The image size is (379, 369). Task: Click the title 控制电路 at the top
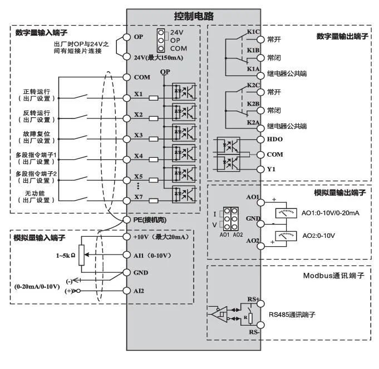[194, 16]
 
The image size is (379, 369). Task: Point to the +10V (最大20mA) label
[161, 237]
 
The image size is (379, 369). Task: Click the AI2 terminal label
[140, 291]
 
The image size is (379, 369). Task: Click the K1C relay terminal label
[253, 32]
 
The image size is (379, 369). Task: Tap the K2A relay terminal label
[253, 122]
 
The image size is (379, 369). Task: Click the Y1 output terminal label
[271, 168]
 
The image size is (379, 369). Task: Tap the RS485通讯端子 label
[293, 314]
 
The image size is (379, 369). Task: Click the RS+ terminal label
[254, 299]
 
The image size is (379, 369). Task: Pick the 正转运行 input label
[37, 91]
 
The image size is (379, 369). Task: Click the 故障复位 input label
[37, 133]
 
